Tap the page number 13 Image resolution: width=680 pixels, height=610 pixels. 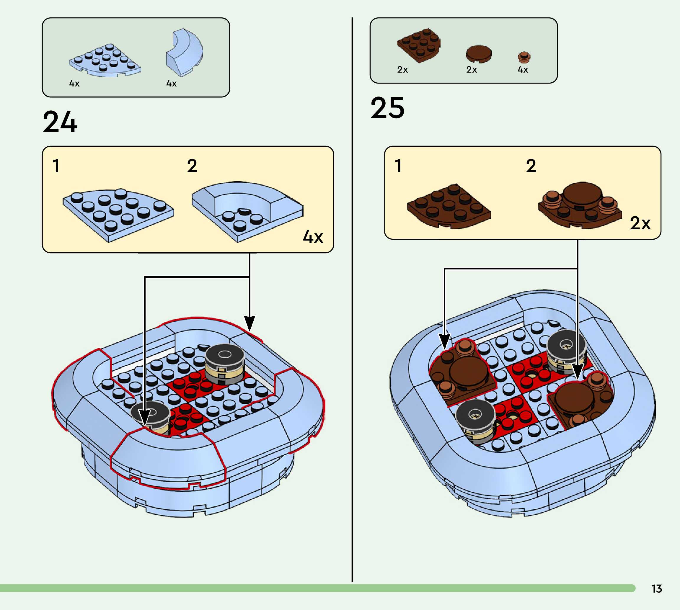(657, 588)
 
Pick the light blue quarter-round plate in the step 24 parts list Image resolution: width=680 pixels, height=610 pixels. (105, 60)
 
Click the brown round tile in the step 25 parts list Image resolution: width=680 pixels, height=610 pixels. (479, 54)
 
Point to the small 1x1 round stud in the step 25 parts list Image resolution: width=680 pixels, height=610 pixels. (524, 57)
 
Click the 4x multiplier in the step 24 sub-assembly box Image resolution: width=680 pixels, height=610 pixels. (313, 237)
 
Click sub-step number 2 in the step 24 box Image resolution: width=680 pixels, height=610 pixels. (192, 166)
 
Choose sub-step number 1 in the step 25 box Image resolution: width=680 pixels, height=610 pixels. (398, 166)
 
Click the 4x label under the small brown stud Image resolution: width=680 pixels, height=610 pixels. (523, 70)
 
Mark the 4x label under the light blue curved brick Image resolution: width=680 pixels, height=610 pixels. (171, 84)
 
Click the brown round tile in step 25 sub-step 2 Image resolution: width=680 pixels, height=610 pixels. (582, 194)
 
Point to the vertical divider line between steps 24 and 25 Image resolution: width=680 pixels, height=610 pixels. (352, 302)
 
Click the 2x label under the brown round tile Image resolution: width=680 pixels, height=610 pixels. (472, 70)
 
